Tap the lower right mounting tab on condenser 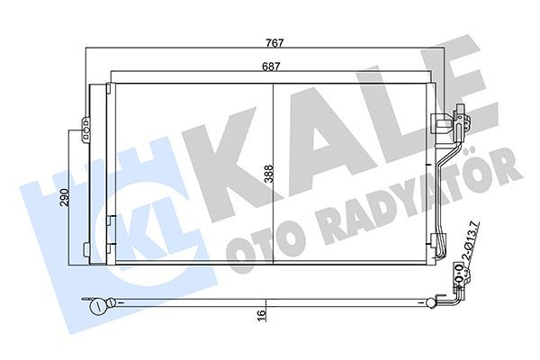tap(438, 241)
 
